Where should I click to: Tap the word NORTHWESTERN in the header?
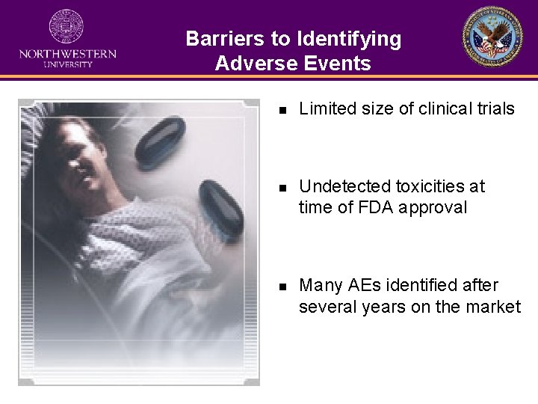(x=67, y=54)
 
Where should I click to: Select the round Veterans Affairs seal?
(x=492, y=37)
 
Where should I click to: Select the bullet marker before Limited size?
(x=282, y=109)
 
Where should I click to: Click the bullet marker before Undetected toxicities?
(x=282, y=187)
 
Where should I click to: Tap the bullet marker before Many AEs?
(x=282, y=286)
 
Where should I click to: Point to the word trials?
(x=495, y=108)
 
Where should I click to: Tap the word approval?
(x=433, y=208)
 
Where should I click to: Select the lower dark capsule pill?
(x=221, y=206)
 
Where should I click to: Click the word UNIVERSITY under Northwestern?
(x=67, y=64)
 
